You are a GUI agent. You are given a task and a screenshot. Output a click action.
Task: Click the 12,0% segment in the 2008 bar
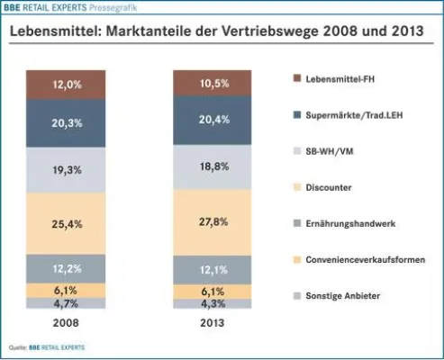(69, 84)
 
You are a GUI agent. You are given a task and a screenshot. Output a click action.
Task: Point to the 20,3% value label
(69, 126)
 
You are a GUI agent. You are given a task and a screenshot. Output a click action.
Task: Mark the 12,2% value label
(69, 269)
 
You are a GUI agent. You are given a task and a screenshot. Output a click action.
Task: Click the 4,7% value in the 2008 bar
(69, 304)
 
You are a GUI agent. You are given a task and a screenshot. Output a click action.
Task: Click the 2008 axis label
(69, 321)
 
